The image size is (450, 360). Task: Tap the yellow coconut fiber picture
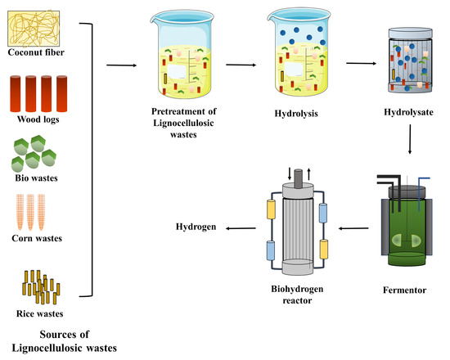(x=36, y=25)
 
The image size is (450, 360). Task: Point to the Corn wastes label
(x=36, y=238)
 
